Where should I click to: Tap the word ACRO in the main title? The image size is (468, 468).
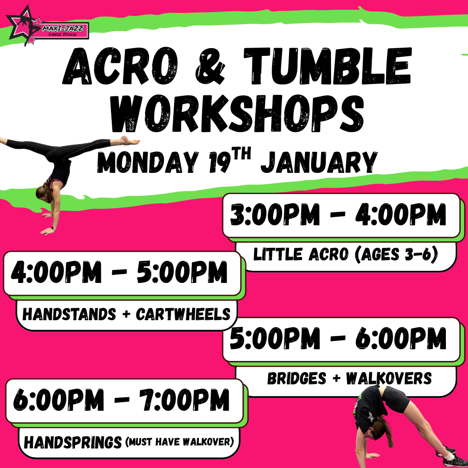tap(120, 66)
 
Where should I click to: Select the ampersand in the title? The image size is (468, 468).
tap(210, 66)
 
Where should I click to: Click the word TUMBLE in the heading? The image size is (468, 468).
tap(328, 66)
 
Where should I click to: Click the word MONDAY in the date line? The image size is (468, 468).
tap(148, 162)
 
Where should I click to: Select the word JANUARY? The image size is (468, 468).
tap(319, 162)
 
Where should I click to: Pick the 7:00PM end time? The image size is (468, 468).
tap(184, 400)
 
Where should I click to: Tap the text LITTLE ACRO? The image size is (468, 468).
tap(301, 254)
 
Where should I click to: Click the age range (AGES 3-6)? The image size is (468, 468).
tap(396, 255)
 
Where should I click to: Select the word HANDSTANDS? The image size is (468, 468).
tap(69, 314)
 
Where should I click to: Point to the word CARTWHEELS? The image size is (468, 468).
tap(183, 314)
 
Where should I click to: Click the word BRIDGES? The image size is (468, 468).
tap(297, 378)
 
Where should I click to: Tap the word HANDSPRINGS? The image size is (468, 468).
tap(73, 442)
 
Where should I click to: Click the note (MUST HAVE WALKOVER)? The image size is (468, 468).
tap(179, 442)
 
